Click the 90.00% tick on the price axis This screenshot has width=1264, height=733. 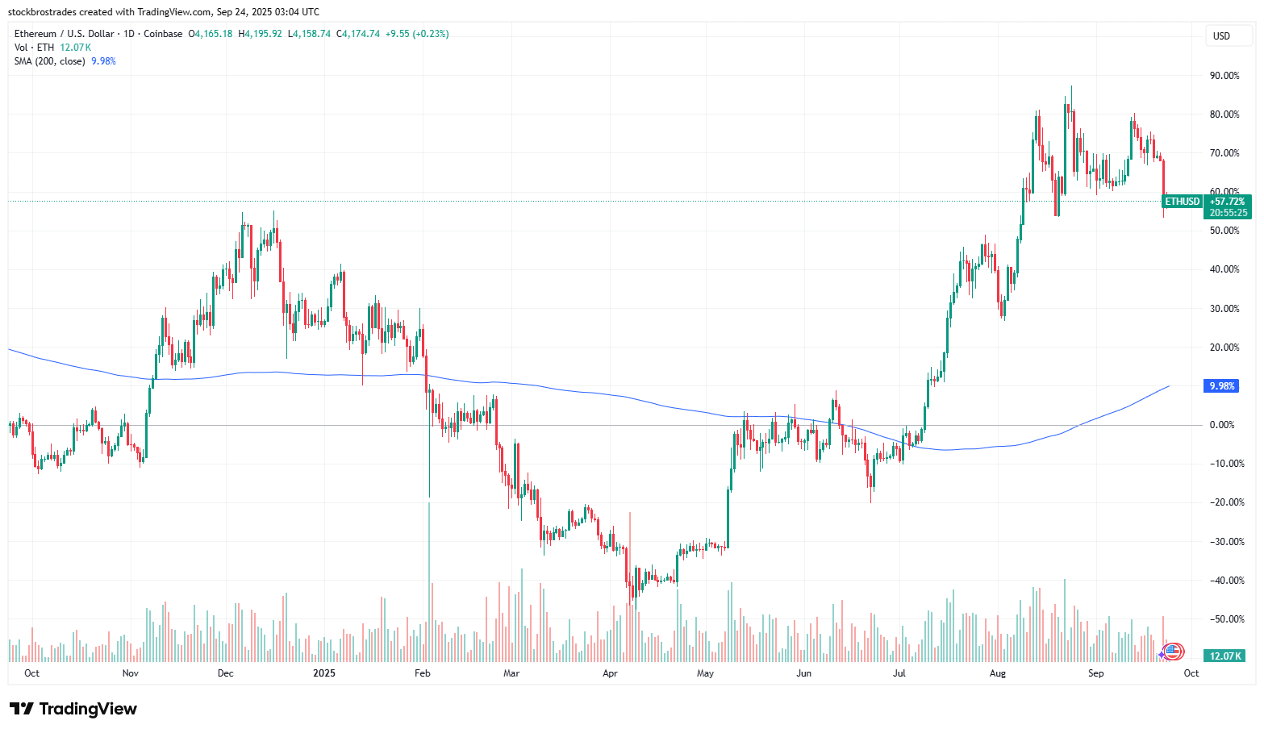pyautogui.click(x=1224, y=76)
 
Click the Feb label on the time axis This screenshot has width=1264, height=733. pyautogui.click(x=422, y=673)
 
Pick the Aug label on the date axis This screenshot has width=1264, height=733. pyautogui.click(x=998, y=673)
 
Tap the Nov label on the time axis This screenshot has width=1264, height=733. pyautogui.click(x=130, y=673)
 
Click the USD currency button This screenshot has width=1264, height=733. pyautogui.click(x=1221, y=35)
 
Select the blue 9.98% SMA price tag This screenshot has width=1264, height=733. pyautogui.click(x=1222, y=386)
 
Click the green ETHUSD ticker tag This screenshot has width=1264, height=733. pyautogui.click(x=1183, y=202)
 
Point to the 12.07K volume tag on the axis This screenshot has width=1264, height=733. pyautogui.click(x=1225, y=656)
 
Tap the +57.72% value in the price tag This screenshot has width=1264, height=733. pyautogui.click(x=1228, y=202)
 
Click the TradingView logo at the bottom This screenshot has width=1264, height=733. pyautogui.click(x=73, y=709)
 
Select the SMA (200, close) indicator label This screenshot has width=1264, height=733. pyautogui.click(x=49, y=61)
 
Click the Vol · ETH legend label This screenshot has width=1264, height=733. pyautogui.click(x=34, y=48)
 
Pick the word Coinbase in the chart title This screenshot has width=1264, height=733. pyautogui.click(x=163, y=34)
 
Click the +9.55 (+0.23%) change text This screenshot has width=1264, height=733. pyautogui.click(x=417, y=34)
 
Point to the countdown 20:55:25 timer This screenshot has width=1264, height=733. pyautogui.click(x=1228, y=213)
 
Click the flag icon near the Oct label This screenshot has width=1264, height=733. pyautogui.click(x=1173, y=651)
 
